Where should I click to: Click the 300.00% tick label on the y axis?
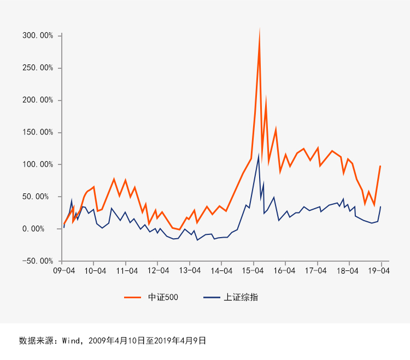point(38,36)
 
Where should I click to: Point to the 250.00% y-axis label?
point(38,68)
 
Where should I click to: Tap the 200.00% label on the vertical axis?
point(38,100)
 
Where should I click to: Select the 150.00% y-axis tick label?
point(38,132)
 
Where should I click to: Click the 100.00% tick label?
point(38,164)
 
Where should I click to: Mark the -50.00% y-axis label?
point(38,261)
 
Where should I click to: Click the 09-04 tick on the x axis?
point(63,270)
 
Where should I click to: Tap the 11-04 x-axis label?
point(126,270)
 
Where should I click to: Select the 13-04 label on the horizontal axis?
point(190,270)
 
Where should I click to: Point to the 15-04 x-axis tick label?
point(253,270)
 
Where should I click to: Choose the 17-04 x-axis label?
point(315,270)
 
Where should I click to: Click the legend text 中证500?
point(163,297)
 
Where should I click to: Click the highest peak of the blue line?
point(259,156)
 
